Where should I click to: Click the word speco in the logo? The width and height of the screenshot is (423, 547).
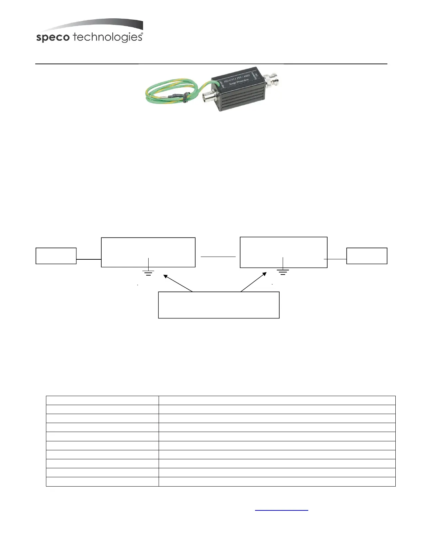53,38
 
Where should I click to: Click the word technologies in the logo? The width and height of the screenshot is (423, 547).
107,37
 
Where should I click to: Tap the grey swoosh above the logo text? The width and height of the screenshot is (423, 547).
104,25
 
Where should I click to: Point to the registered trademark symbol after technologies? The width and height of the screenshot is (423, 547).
142,34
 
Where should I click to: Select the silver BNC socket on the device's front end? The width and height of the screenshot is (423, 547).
210,96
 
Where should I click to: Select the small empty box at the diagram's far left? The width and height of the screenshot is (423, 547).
56,256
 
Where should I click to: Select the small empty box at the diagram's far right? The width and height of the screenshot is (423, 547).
367,256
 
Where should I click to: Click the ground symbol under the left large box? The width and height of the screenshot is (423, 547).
148,273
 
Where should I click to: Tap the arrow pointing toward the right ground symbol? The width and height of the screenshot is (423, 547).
254,282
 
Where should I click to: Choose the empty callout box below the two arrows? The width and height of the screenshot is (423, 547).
218,305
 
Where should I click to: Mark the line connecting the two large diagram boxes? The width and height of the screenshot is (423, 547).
218,257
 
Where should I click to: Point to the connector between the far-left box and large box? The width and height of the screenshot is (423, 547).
88,259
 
